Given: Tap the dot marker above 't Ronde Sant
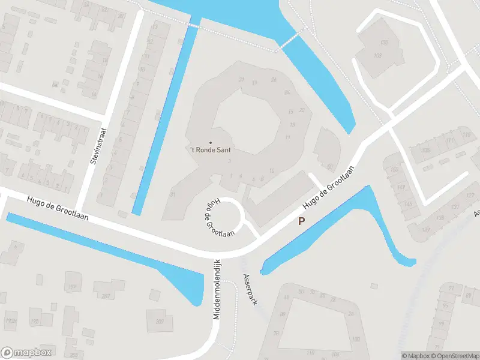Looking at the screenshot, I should [210, 142].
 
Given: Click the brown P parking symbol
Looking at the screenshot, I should [302, 221].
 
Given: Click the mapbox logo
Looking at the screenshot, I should [26, 353].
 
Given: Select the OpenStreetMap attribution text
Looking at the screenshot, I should [454, 356].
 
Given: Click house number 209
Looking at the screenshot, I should [160, 321].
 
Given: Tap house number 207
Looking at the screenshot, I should [106, 295].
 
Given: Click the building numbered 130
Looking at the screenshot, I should [385, 42].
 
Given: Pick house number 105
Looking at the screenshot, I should [425, 150].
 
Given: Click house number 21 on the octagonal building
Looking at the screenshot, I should [241, 79].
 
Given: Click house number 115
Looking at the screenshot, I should [467, 134].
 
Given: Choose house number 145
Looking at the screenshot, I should [409, 205].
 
